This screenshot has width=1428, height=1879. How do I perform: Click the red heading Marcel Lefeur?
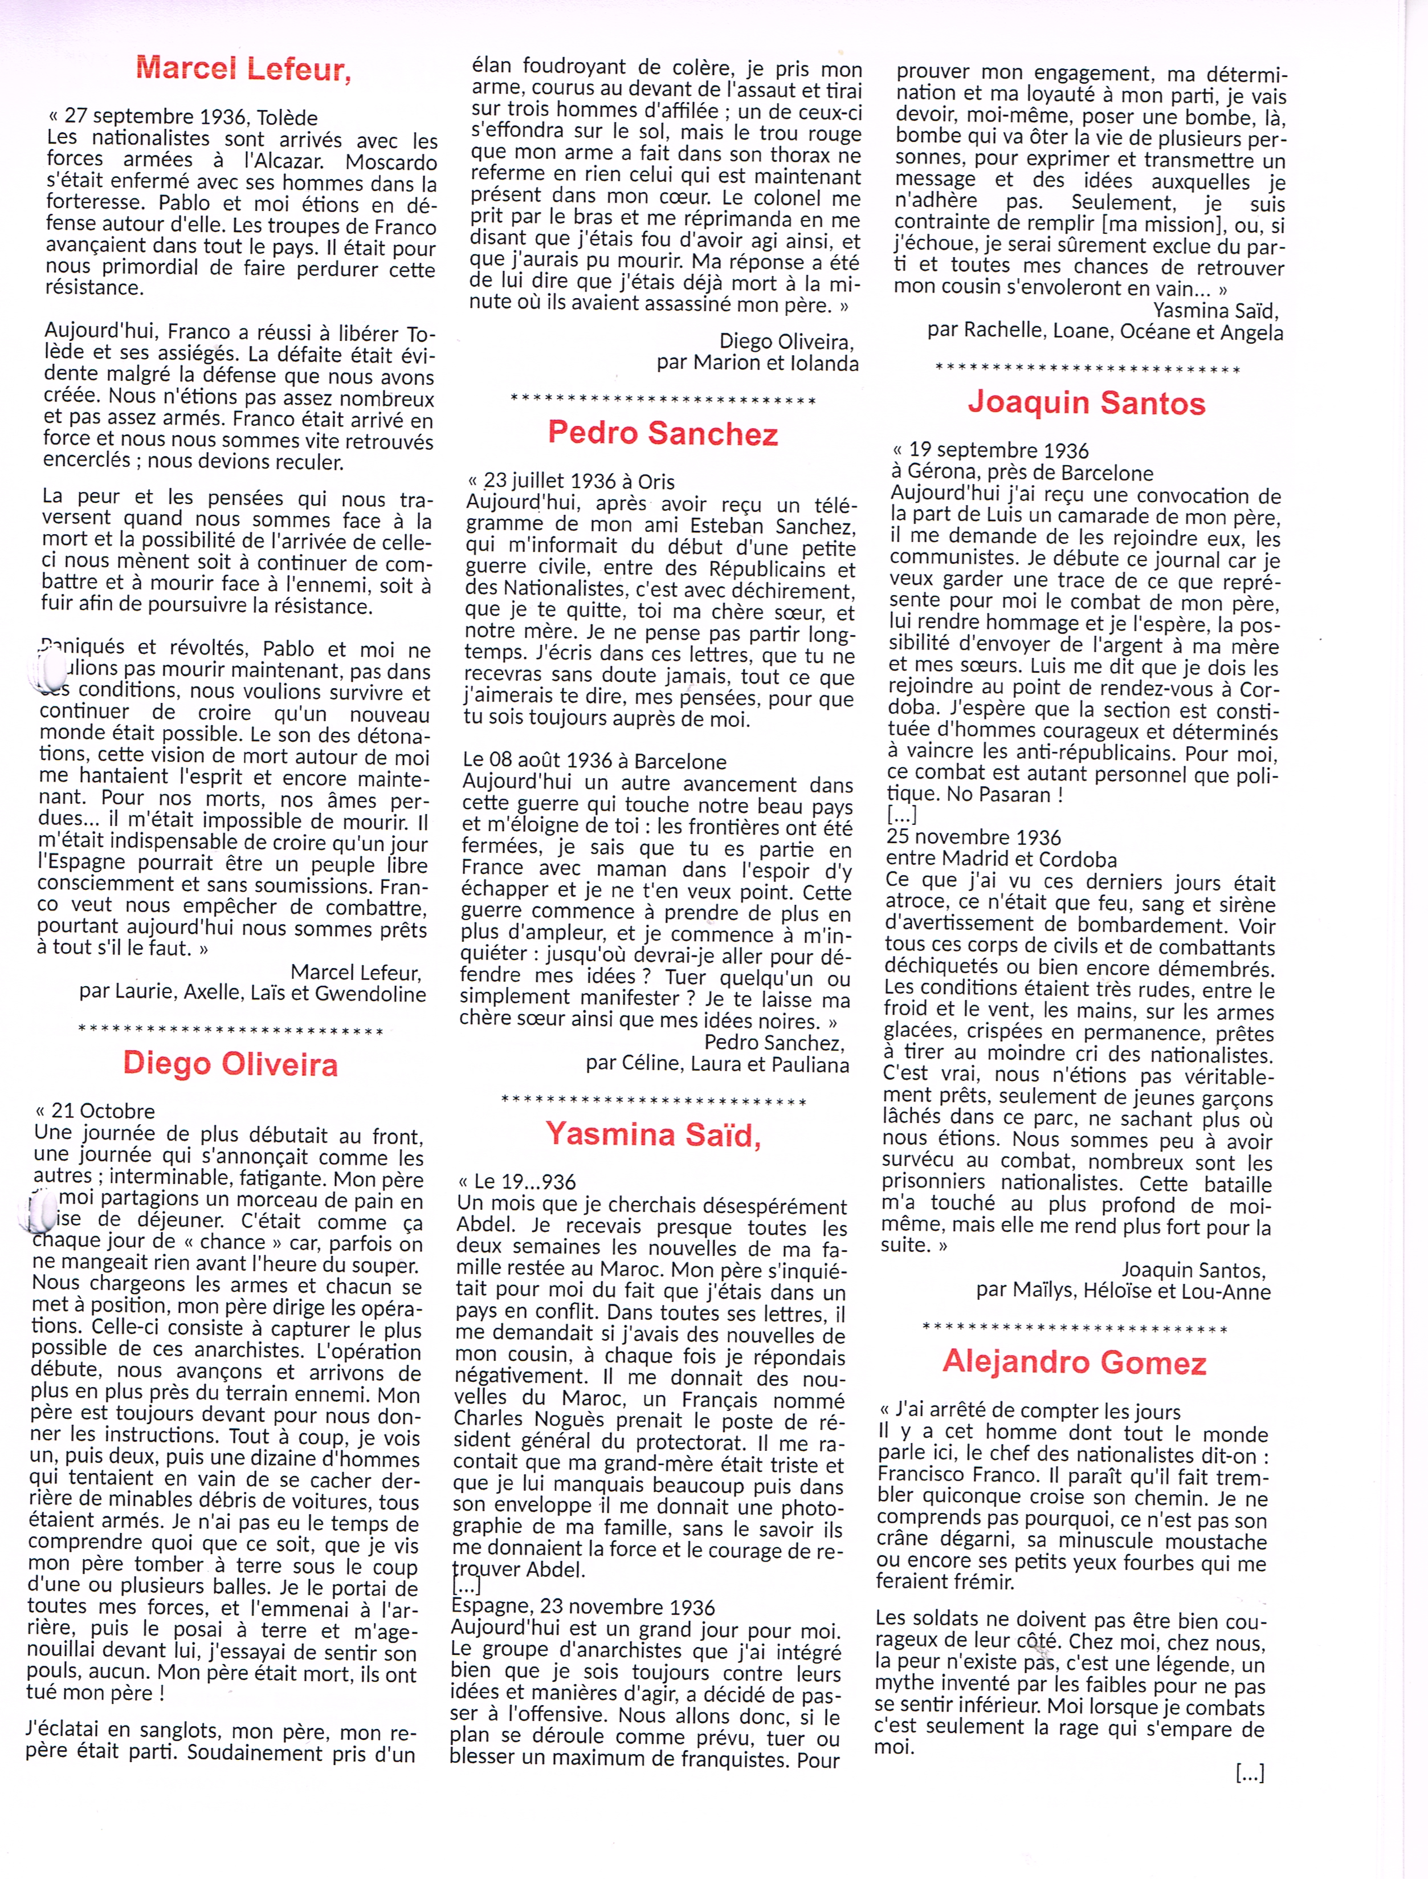pyautogui.click(x=243, y=68)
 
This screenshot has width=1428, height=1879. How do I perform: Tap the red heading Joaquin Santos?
pyautogui.click(x=1086, y=403)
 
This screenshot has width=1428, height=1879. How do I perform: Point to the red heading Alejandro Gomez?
pyautogui.click(x=1074, y=1362)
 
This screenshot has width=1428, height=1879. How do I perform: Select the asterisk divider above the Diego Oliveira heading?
pyautogui.click(x=230, y=1031)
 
